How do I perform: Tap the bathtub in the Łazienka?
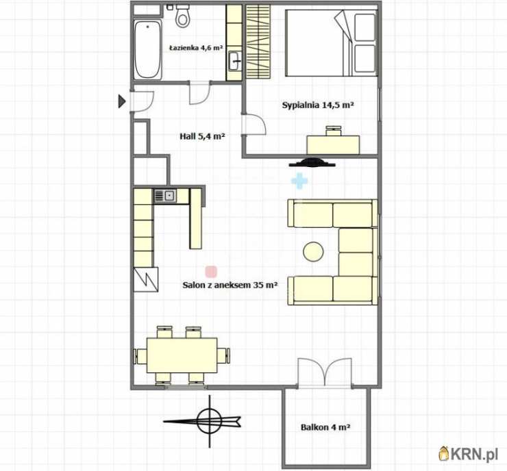click(x=147, y=49)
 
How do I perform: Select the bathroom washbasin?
click(x=234, y=61)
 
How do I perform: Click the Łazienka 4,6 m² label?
click(x=196, y=48)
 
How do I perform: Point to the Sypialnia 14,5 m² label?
click(x=317, y=105)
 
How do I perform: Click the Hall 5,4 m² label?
click(x=202, y=136)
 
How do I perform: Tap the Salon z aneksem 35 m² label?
click(x=230, y=285)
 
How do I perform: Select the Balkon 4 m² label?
click(x=325, y=427)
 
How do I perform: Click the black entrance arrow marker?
click(x=121, y=101)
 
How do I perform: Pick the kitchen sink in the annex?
click(x=165, y=196)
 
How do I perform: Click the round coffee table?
click(x=313, y=252)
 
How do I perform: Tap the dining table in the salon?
click(x=182, y=355)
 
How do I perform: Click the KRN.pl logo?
click(x=468, y=454)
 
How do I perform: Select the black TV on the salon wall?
click(x=312, y=162)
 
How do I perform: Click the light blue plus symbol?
click(x=299, y=181)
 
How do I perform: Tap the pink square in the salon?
click(x=211, y=272)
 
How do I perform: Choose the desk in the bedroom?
click(x=333, y=144)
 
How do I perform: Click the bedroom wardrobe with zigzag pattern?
click(x=258, y=42)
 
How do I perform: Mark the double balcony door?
click(x=324, y=372)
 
